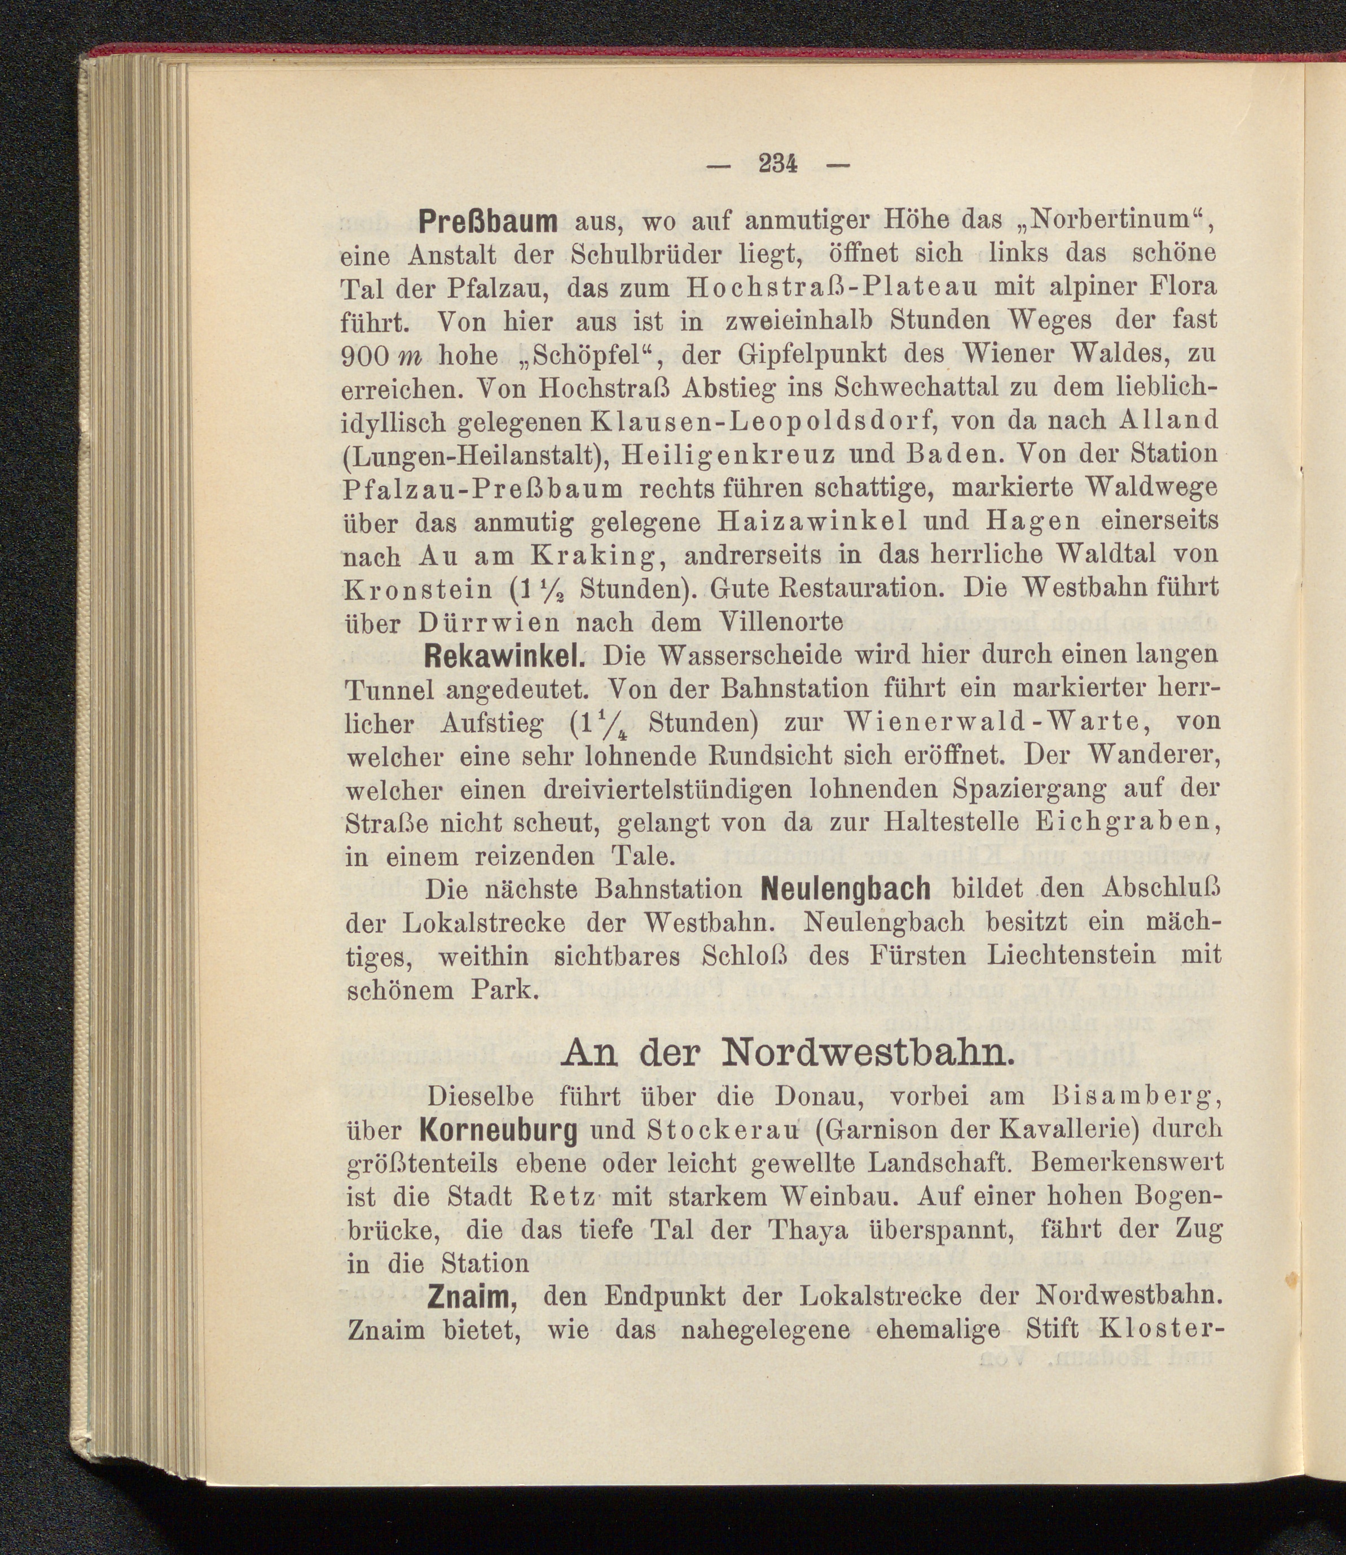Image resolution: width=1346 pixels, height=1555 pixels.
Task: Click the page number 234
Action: point(777,163)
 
